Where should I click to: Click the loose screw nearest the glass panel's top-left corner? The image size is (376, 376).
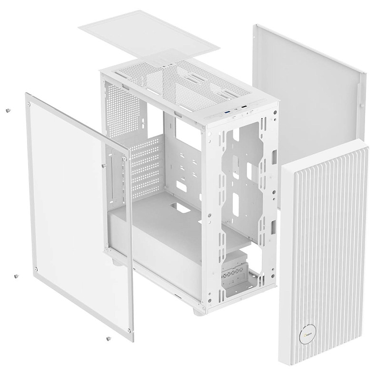(x=8, y=110)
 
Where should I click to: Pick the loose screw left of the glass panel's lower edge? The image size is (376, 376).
(x=17, y=276)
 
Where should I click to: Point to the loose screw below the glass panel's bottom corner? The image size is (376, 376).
(x=108, y=339)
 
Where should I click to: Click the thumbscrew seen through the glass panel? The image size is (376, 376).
(x=103, y=165)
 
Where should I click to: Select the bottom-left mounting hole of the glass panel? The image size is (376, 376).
(x=36, y=269)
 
